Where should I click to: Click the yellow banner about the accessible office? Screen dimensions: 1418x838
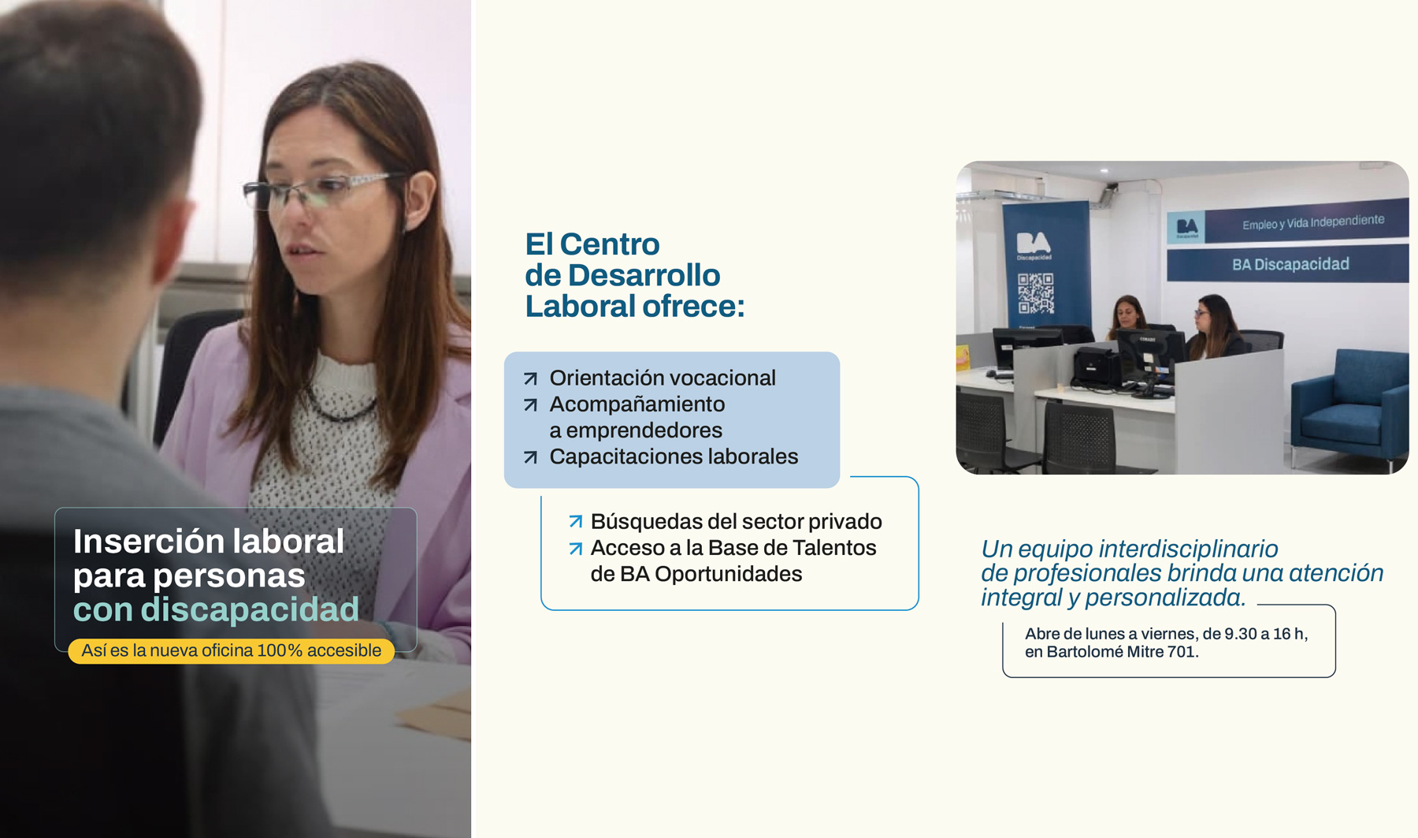click(x=231, y=650)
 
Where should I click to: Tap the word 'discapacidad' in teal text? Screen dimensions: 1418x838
click(x=250, y=609)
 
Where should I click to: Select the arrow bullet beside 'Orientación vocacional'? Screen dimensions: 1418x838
click(x=531, y=378)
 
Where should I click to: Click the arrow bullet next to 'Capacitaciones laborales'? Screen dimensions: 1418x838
click(x=531, y=457)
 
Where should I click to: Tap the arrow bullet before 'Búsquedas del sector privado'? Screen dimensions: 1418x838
click(x=576, y=521)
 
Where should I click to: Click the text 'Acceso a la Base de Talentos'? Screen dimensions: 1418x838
click(x=733, y=548)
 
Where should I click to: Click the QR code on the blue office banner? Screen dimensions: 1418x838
click(x=1035, y=293)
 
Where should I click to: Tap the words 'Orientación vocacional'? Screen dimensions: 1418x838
click(x=663, y=378)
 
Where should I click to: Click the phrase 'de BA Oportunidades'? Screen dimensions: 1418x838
click(x=696, y=574)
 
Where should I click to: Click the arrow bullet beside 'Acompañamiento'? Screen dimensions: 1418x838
click(x=531, y=404)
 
